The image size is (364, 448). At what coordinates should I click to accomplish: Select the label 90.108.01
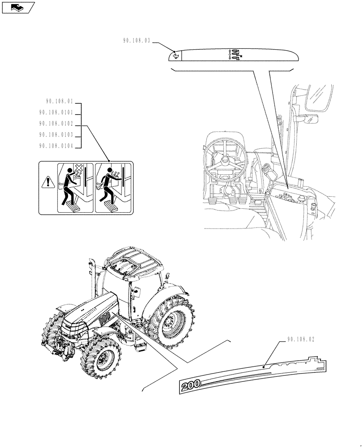click(x=59, y=102)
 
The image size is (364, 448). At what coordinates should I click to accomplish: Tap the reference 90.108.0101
click(x=59, y=113)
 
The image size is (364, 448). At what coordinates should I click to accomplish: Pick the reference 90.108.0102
click(x=59, y=124)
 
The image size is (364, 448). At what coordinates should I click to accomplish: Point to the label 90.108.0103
click(x=59, y=135)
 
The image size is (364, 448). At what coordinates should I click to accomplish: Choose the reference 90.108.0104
click(x=59, y=146)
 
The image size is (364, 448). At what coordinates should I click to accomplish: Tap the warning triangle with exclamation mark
click(x=47, y=182)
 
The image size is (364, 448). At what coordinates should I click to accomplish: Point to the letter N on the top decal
click(x=241, y=56)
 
